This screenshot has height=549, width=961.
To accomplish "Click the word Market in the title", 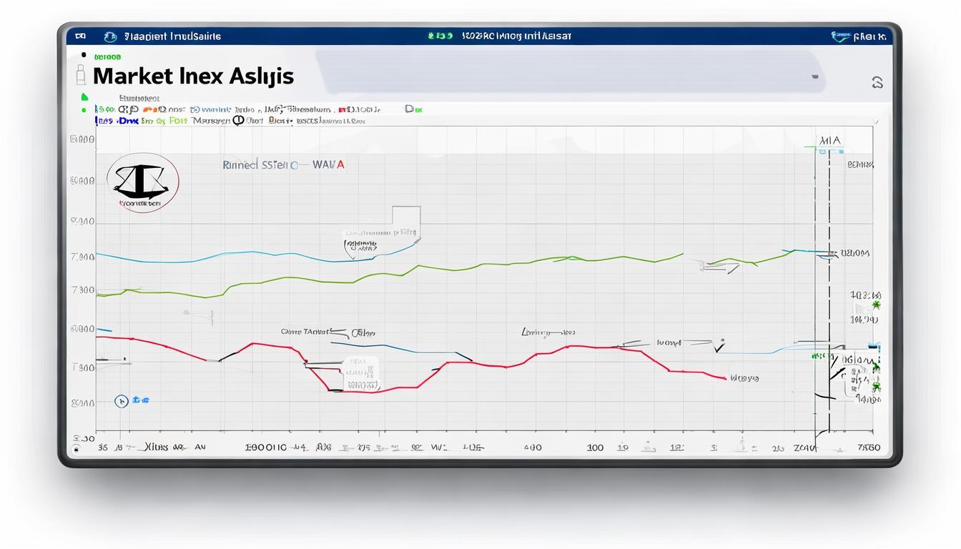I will click(x=132, y=76).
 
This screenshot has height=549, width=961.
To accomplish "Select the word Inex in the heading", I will click(x=202, y=76).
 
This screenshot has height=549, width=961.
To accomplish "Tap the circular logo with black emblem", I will click(x=143, y=182).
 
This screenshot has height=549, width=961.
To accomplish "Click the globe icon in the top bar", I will click(x=110, y=36).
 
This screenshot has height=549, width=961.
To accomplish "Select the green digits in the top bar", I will click(x=440, y=35).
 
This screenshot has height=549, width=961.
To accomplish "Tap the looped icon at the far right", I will click(x=877, y=83).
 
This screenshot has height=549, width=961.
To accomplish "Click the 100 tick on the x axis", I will click(x=595, y=447).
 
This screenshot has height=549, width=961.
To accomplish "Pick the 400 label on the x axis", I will click(x=533, y=447).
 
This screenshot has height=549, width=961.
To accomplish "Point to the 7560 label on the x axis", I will click(x=868, y=447).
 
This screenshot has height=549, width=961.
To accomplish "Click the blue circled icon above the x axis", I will click(x=122, y=401).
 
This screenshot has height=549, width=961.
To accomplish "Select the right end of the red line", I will click(x=725, y=378).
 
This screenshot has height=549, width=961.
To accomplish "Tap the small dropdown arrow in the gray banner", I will click(x=814, y=76).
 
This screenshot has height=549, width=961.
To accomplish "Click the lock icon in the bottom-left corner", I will click(x=77, y=450).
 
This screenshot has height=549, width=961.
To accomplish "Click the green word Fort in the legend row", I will click(x=178, y=121).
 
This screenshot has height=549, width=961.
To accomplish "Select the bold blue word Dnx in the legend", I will click(x=128, y=121).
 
